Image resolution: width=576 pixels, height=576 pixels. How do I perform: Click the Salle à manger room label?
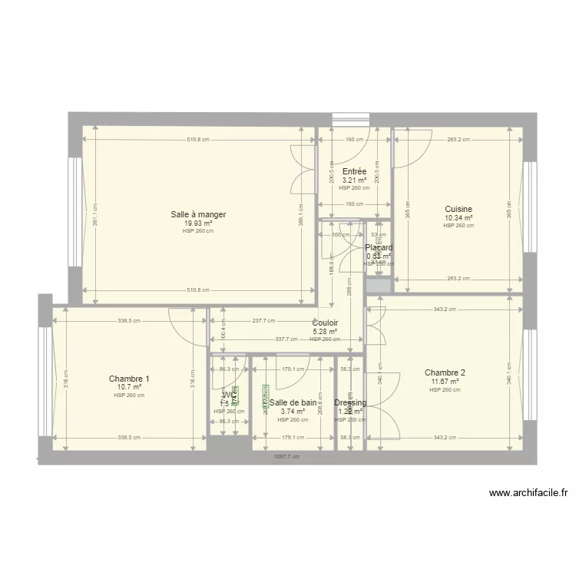(x=198, y=214)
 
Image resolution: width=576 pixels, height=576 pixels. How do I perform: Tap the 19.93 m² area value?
(x=198, y=223)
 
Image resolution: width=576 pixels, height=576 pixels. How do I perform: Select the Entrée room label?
(x=354, y=171)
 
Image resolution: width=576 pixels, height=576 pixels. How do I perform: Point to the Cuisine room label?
(x=458, y=209)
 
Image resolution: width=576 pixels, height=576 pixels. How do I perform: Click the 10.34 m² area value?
(x=458, y=217)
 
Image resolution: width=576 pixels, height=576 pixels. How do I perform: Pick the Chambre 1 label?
(x=129, y=379)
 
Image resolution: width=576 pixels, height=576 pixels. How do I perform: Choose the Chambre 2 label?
(x=445, y=372)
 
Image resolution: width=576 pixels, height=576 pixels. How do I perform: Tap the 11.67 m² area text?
(x=445, y=381)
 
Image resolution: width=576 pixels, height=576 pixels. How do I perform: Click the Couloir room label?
(x=326, y=323)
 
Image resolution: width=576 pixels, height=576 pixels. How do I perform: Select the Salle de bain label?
(x=293, y=402)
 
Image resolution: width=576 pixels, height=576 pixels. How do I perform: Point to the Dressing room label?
(x=350, y=402)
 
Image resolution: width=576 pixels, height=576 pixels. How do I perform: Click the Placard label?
(x=379, y=248)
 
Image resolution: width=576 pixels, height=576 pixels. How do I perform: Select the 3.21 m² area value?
(x=354, y=180)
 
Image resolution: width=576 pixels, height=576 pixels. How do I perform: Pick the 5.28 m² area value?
(x=326, y=332)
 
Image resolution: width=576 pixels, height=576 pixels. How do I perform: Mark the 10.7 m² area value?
(x=129, y=387)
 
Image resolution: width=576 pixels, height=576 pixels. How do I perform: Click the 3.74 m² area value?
(x=293, y=411)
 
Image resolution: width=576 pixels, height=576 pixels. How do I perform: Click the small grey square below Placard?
(x=376, y=285)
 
